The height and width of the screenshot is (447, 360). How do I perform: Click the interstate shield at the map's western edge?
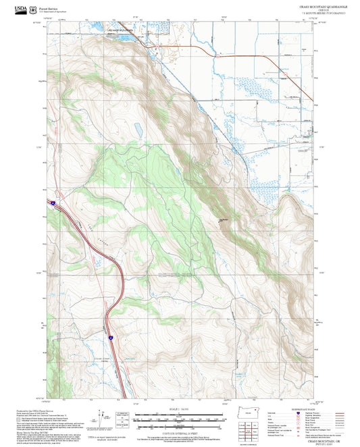pyautogui.click(x=50, y=201)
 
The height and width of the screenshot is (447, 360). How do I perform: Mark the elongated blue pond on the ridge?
pyautogui.click(x=137, y=128)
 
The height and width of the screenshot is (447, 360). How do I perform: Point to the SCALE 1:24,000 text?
pyautogui.click(x=180, y=410)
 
